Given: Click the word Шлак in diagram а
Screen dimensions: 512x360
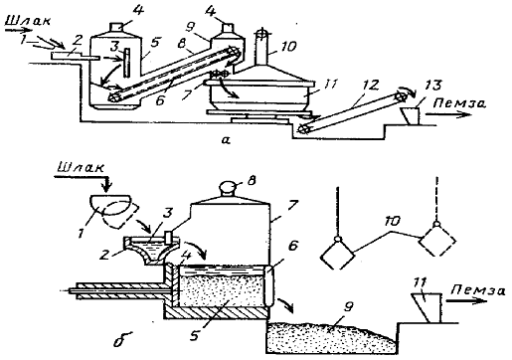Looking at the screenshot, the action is tap(28, 21).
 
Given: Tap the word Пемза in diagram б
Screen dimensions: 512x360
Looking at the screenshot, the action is tap(478, 290).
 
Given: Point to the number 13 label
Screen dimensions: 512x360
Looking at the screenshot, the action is tap(433, 86).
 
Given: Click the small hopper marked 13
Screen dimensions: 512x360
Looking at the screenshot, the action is tap(410, 116).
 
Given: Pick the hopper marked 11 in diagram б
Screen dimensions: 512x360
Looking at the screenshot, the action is tap(426, 308).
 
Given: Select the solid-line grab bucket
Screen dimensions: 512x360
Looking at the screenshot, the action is tap(337, 255).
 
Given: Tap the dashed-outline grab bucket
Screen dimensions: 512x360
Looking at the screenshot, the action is tap(436, 242).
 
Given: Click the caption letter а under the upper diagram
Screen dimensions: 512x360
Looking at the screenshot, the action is tap(226, 140).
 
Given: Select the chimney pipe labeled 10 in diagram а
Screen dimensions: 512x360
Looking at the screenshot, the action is tap(262, 50).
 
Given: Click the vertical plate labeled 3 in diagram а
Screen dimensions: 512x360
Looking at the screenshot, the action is tap(126, 63).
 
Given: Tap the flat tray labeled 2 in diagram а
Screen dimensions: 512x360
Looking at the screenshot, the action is tap(76, 57).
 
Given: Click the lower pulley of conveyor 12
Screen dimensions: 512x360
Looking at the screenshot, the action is tap(303, 129).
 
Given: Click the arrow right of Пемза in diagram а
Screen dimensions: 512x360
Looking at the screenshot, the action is tap(448, 114).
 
